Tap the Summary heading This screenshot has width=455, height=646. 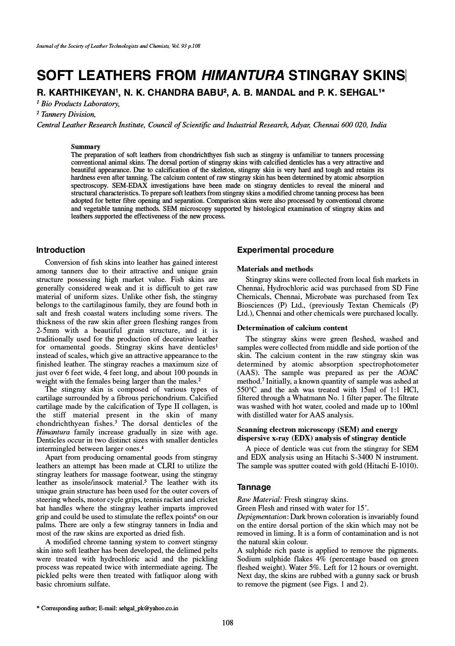click(x=86, y=147)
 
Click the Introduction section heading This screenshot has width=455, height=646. click(x=61, y=250)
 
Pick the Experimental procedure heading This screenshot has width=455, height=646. click(x=285, y=250)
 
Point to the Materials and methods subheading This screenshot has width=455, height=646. click(x=275, y=269)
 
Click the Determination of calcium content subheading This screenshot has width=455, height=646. click(x=292, y=328)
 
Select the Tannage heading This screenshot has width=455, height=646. click(x=254, y=487)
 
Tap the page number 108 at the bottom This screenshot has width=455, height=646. click(x=227, y=623)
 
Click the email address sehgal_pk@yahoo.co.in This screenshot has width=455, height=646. click(x=148, y=608)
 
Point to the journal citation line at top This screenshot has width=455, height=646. click(x=119, y=46)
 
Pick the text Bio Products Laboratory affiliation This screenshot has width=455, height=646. click(x=81, y=104)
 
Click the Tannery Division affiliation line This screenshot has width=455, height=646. click(x=68, y=114)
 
